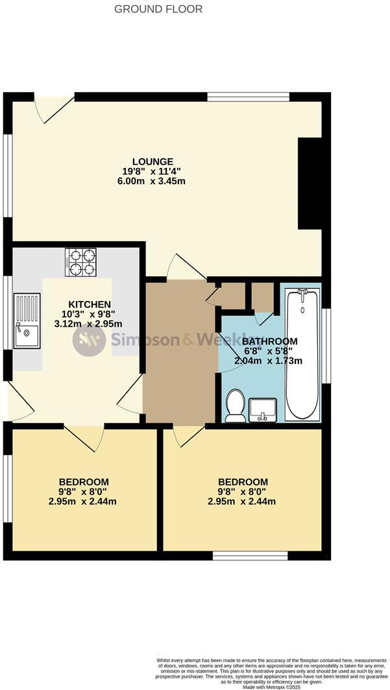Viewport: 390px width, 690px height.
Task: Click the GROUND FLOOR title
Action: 158,9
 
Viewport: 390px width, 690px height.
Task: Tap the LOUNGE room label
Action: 152,161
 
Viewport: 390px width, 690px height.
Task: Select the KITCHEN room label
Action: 90,305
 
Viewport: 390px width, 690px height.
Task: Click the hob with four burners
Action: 80,262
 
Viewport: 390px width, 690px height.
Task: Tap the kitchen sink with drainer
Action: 27,320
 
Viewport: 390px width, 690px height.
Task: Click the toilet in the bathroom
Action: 235,406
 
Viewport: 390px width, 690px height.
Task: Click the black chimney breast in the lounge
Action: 310,183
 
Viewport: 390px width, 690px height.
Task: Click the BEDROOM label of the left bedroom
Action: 84,482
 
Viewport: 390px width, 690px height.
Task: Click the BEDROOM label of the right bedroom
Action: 243,482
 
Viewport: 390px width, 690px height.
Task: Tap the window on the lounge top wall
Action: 248,97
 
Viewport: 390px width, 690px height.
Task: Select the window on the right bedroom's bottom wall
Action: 250,556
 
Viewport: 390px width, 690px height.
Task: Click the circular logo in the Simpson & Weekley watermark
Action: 88,340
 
